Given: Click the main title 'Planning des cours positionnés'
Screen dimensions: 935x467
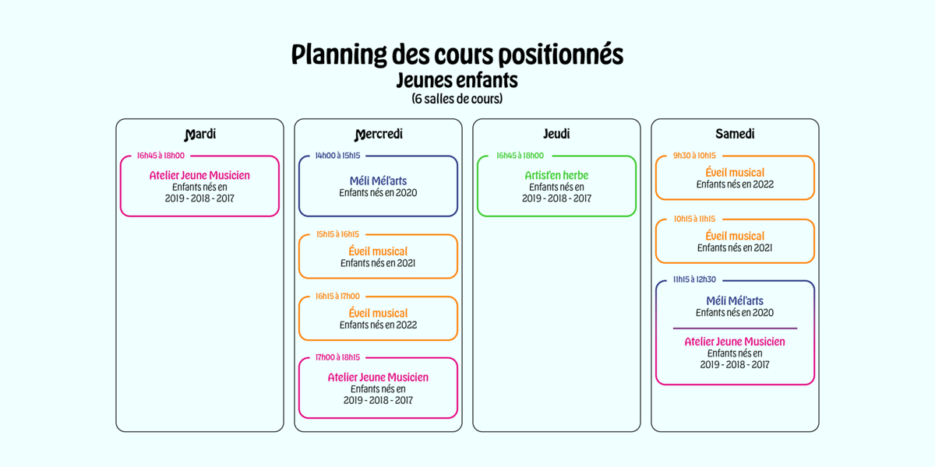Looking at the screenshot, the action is click(x=457, y=54).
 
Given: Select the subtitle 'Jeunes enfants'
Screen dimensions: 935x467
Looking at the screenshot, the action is click(x=457, y=80).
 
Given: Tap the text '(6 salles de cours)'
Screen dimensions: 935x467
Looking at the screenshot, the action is click(x=457, y=99).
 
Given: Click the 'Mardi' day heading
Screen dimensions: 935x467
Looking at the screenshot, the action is click(x=200, y=134).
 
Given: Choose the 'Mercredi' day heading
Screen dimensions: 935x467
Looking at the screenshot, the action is click(x=378, y=134).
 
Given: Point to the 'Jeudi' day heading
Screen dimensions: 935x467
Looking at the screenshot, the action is click(x=556, y=134).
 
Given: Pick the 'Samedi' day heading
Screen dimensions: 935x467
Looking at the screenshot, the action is click(x=735, y=134).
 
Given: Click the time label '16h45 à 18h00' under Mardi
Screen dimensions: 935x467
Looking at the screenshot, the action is click(x=161, y=156).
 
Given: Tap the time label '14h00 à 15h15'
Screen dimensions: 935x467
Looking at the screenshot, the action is click(x=337, y=156).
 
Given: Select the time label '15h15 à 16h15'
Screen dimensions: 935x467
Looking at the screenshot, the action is click(x=337, y=234).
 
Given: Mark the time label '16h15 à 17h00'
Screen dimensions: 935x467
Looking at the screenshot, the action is click(x=337, y=296).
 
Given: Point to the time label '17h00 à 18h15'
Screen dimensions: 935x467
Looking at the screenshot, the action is click(x=337, y=357).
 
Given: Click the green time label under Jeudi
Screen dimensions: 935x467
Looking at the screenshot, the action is click(x=520, y=156).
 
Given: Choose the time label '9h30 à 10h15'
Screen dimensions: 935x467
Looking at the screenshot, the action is click(x=694, y=156).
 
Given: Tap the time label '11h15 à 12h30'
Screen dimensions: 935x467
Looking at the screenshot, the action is click(x=694, y=279).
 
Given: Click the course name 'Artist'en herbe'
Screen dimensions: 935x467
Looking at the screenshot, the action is click(x=556, y=175).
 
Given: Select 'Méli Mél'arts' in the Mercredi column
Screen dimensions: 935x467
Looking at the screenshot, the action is click(x=378, y=181).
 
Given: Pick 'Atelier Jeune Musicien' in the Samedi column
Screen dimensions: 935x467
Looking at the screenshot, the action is click(x=735, y=342).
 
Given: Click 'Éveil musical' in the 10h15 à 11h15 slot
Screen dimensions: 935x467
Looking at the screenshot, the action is click(x=735, y=236).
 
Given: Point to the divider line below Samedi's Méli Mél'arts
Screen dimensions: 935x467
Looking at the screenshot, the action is click(x=735, y=328).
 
